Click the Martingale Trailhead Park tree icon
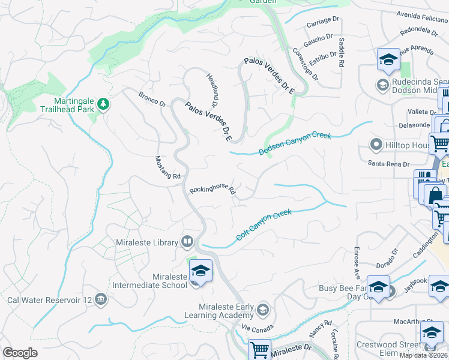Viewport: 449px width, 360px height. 104,105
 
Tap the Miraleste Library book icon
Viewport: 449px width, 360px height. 187,242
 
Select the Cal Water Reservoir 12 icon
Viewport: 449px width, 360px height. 100,299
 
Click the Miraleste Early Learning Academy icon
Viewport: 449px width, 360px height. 262,310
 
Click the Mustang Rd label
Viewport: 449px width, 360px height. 168,167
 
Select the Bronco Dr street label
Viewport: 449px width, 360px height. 152,99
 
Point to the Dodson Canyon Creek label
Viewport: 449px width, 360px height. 295,144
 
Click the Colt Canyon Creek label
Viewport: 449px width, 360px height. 264,225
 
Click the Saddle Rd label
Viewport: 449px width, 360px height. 341,52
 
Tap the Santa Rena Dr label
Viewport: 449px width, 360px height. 389,164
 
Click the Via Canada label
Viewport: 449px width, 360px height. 258,328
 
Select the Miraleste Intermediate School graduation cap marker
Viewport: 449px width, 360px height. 201,271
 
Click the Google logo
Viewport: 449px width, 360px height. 20,353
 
